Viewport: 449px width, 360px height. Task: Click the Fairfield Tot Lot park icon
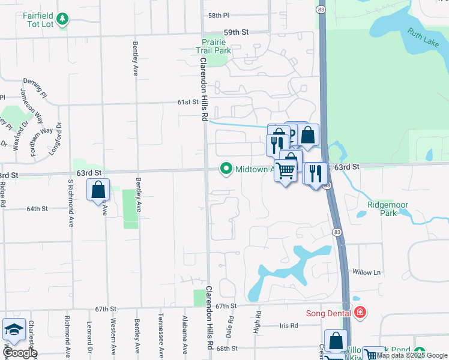click(62, 20)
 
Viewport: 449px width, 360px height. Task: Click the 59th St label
click(236, 32)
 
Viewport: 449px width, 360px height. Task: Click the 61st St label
click(187, 102)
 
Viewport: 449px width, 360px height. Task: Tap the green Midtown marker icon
click(226, 169)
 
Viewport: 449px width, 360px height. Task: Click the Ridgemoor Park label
click(387, 209)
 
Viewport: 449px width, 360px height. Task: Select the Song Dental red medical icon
click(360, 313)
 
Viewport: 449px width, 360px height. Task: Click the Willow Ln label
click(367, 272)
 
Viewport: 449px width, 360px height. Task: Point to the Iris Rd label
click(289, 326)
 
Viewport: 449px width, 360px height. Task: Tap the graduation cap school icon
click(13, 329)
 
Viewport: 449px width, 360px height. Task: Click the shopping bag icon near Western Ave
click(98, 191)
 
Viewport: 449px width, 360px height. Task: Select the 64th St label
click(37, 209)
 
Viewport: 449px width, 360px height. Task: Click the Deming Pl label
click(35, 82)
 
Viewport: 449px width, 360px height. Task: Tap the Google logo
click(20, 352)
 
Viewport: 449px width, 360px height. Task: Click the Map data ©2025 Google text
click(412, 355)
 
